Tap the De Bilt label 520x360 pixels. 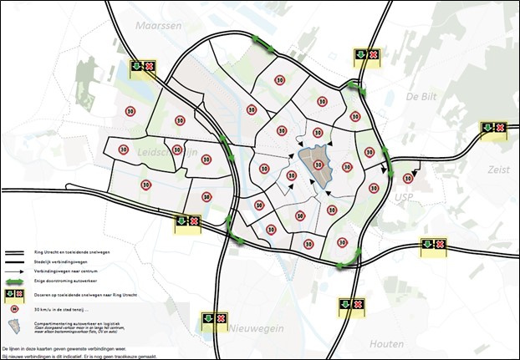(421, 97)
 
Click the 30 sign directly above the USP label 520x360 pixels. (408, 178)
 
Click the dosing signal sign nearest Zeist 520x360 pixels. (492, 128)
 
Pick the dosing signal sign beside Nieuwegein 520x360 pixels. (213, 318)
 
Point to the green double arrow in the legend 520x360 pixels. (18, 281)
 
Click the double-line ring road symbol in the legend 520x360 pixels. (18, 252)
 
